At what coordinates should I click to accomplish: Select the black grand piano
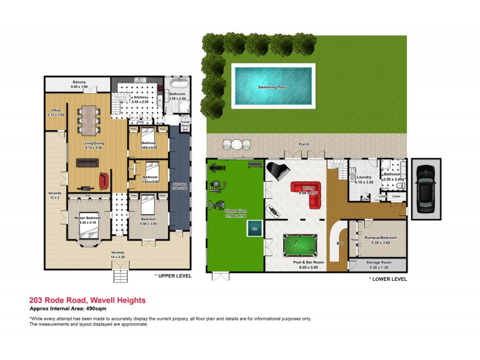click(x=277, y=172)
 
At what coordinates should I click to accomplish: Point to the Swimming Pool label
click(x=272, y=88)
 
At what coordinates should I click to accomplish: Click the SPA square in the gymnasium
click(x=255, y=228)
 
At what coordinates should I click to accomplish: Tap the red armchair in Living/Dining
click(x=105, y=179)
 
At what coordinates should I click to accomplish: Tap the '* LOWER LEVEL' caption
click(x=388, y=279)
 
